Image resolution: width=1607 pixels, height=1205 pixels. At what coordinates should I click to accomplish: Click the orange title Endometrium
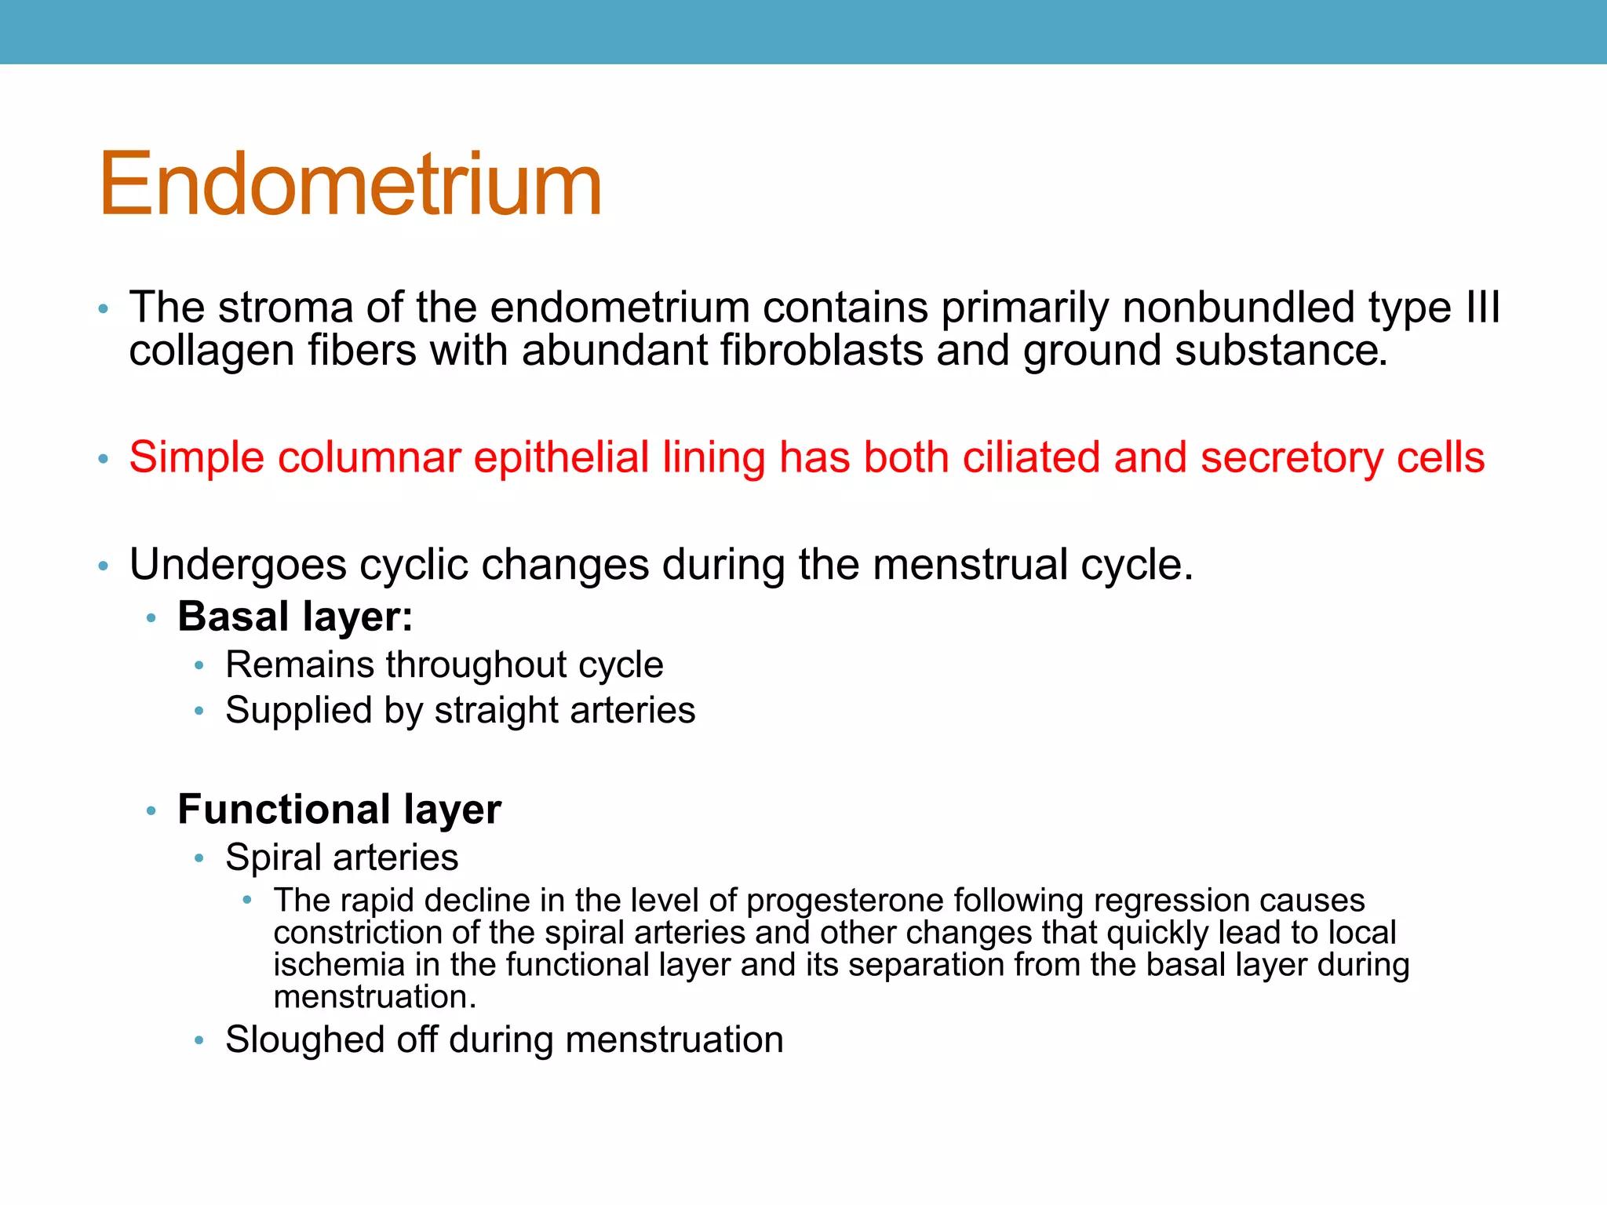point(350,184)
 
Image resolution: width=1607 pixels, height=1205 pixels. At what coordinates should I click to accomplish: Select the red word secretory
point(1292,458)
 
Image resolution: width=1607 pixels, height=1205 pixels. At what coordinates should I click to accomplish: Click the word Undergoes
point(237,565)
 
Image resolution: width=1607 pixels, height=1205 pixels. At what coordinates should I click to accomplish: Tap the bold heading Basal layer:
point(295,617)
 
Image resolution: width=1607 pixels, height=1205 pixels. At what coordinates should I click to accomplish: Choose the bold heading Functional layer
point(339,810)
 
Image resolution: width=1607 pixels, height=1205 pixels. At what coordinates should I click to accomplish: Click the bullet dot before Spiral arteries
point(199,858)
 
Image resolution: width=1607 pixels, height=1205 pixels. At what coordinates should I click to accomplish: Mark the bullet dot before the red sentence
point(103,459)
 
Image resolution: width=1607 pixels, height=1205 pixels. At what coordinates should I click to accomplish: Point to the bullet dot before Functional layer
point(151,810)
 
